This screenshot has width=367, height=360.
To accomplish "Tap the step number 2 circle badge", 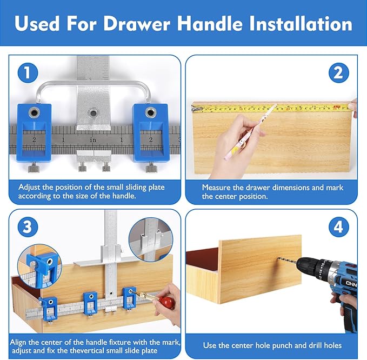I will pyautogui.click(x=338, y=73).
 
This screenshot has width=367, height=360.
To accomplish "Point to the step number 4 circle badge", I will pyautogui.click(x=338, y=227).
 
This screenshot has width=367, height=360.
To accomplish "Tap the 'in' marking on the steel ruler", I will pyautogui.click(x=93, y=139).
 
